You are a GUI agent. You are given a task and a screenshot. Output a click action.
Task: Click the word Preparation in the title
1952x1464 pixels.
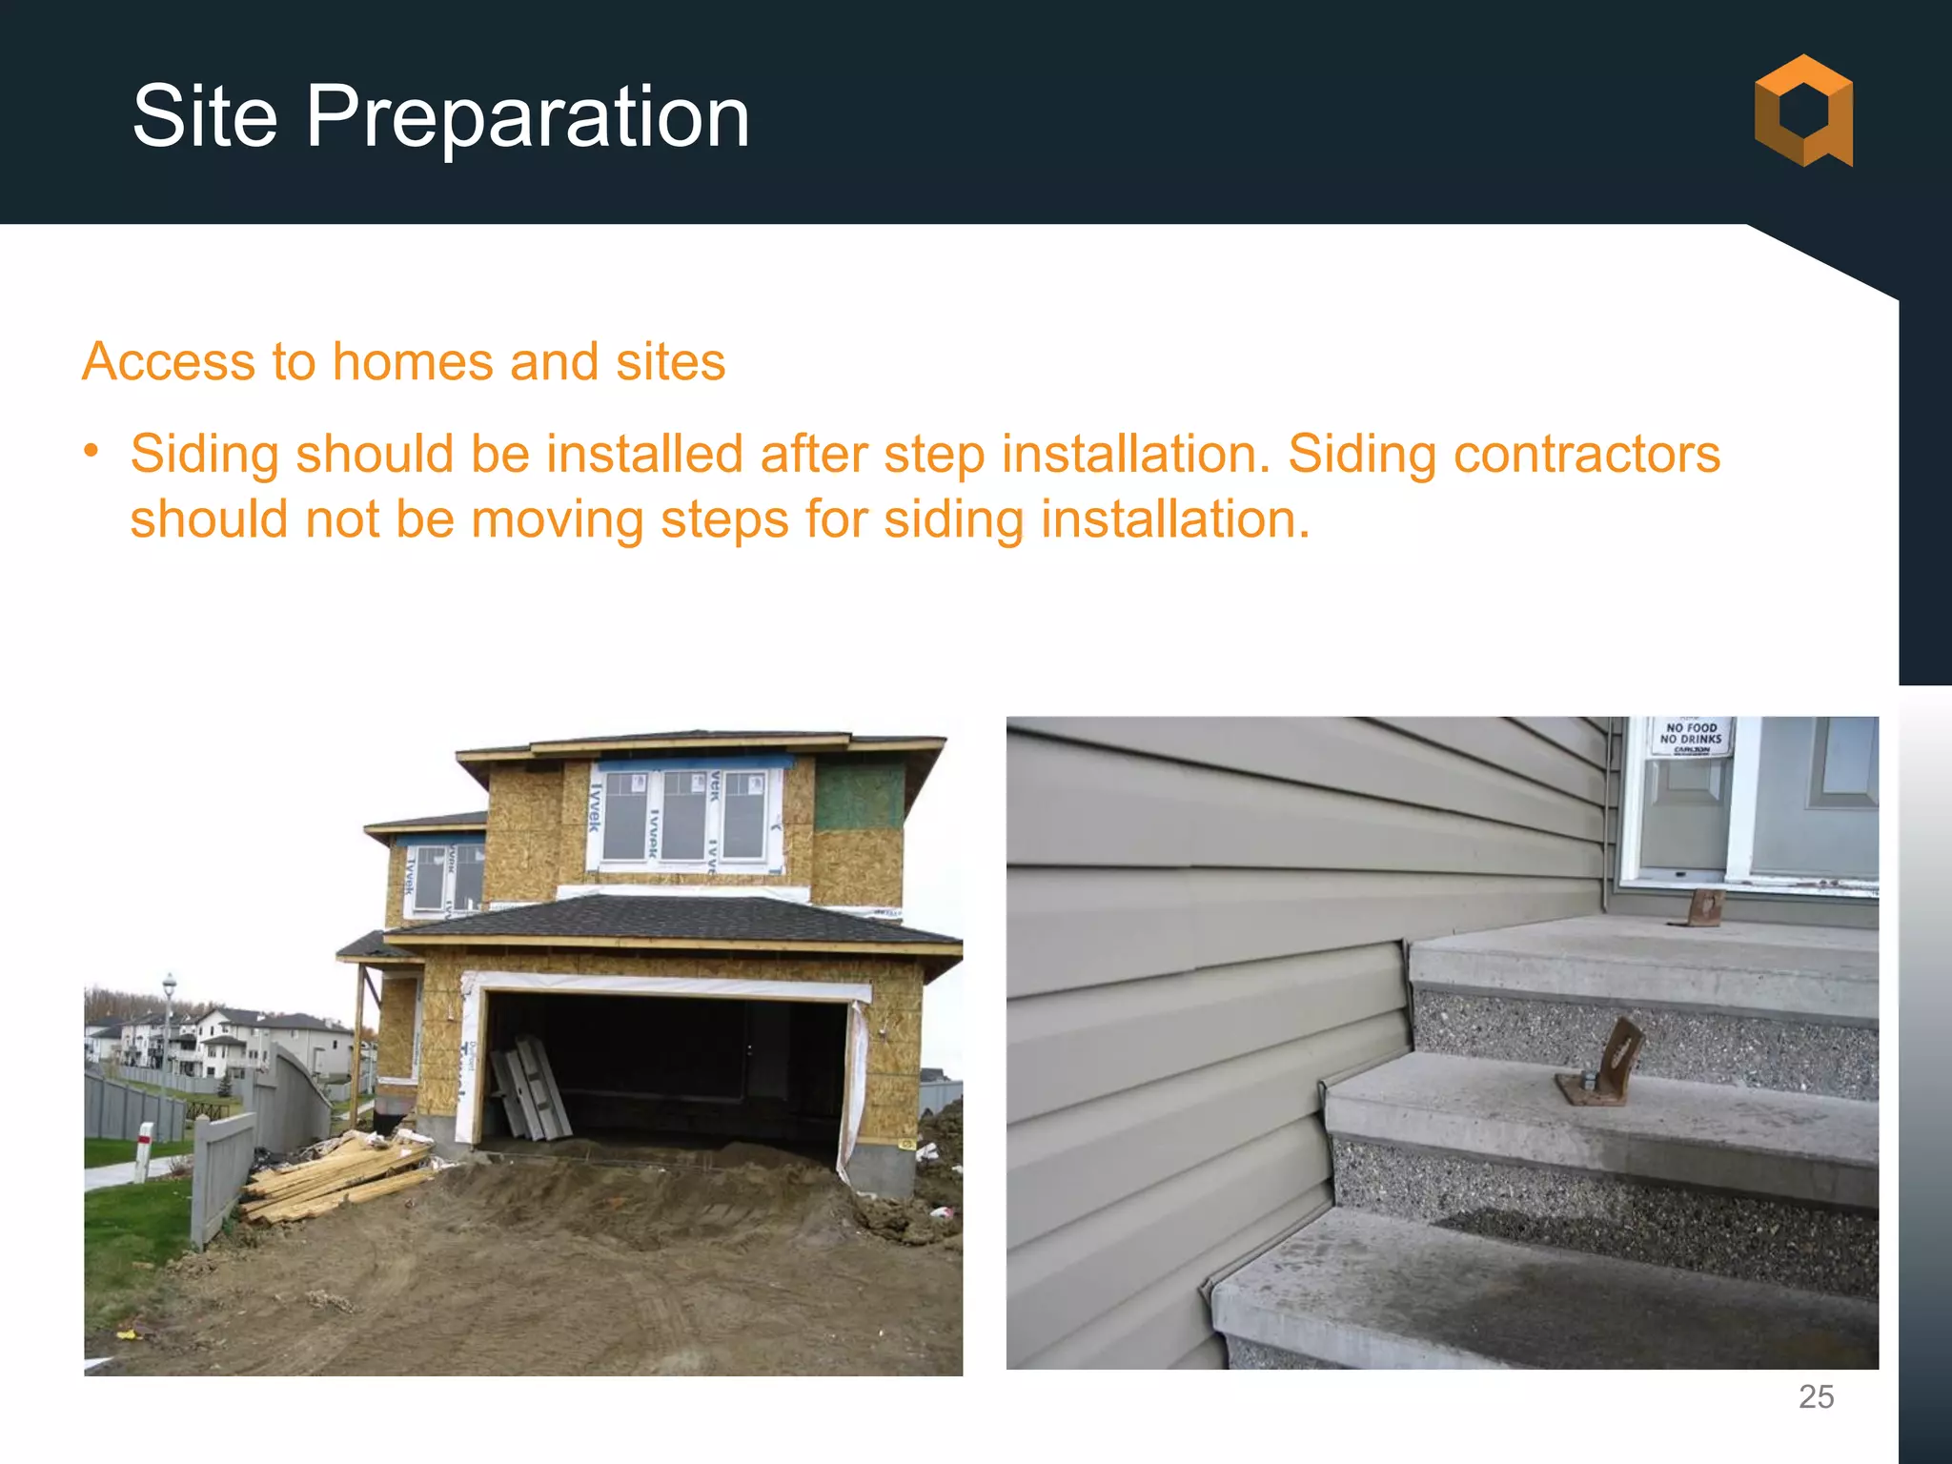[527, 118]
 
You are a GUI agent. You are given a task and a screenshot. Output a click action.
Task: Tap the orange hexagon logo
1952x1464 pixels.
[1803, 111]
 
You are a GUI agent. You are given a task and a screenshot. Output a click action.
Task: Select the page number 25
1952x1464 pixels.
[1816, 1396]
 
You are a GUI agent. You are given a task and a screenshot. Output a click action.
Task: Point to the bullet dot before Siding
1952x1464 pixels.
[91, 451]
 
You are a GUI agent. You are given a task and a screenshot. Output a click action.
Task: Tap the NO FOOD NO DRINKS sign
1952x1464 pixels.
[1691, 737]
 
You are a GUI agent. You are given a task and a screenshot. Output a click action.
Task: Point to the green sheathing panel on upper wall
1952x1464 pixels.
[859, 796]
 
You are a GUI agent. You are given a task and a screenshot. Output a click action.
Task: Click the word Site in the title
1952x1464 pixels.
[205, 116]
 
